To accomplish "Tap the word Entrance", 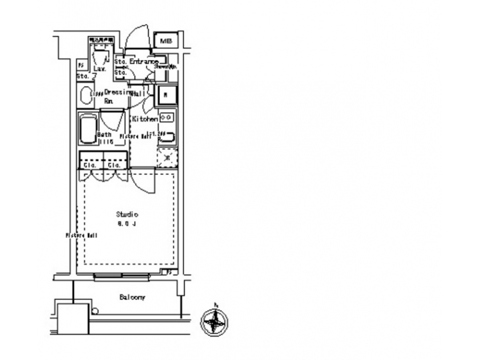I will coord(143,61).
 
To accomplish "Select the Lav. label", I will coord(99,69).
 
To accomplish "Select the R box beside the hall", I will coord(166,95).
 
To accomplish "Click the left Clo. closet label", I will coord(89,164).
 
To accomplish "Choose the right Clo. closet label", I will coord(114,164).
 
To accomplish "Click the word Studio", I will coord(127,215).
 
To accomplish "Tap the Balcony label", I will coord(132,297).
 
